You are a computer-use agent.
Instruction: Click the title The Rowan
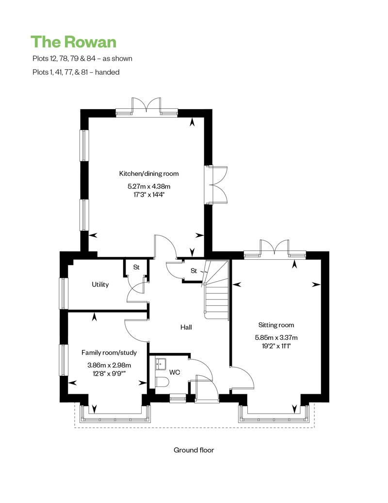[x=74, y=42]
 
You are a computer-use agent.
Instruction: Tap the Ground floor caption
[x=194, y=450]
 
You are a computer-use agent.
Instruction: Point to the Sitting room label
[x=276, y=325]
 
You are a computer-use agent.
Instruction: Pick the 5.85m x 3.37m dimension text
[x=276, y=337]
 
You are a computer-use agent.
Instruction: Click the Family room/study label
[x=109, y=352]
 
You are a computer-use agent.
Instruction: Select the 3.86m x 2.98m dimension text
[x=109, y=365]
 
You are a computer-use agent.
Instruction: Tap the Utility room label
[x=100, y=285]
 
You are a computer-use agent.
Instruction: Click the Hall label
[x=186, y=327]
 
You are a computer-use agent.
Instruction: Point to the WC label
[x=175, y=372]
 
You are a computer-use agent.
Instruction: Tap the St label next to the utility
[x=136, y=267]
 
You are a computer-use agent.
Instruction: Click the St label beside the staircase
[x=194, y=271]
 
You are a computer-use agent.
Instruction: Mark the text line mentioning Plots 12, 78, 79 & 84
[x=81, y=58]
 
